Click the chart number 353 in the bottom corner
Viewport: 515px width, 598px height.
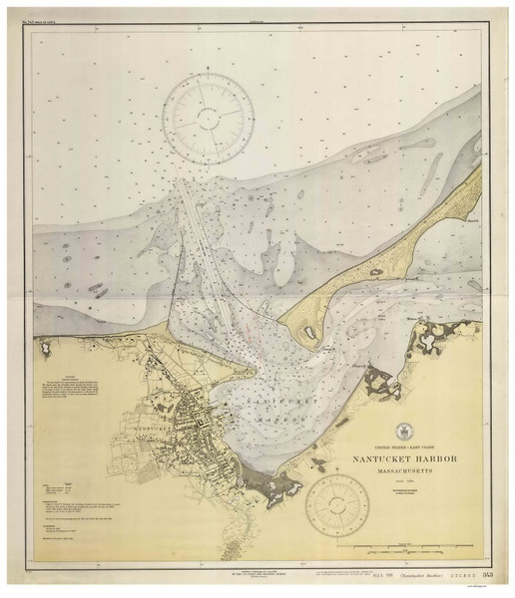coord(484,575)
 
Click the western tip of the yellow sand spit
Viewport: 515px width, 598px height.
coord(282,323)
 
